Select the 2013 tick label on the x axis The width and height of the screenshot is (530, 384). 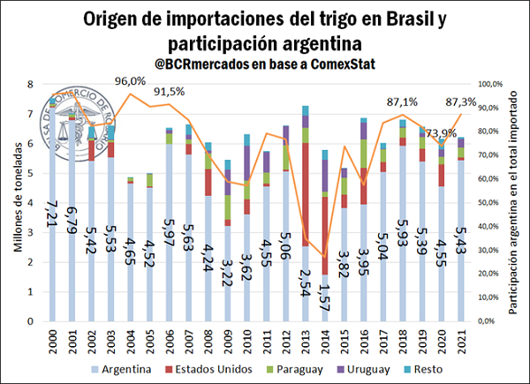point(306,339)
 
